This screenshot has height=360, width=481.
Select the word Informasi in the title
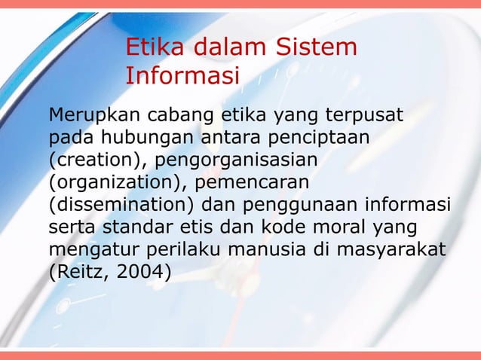point(182,76)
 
